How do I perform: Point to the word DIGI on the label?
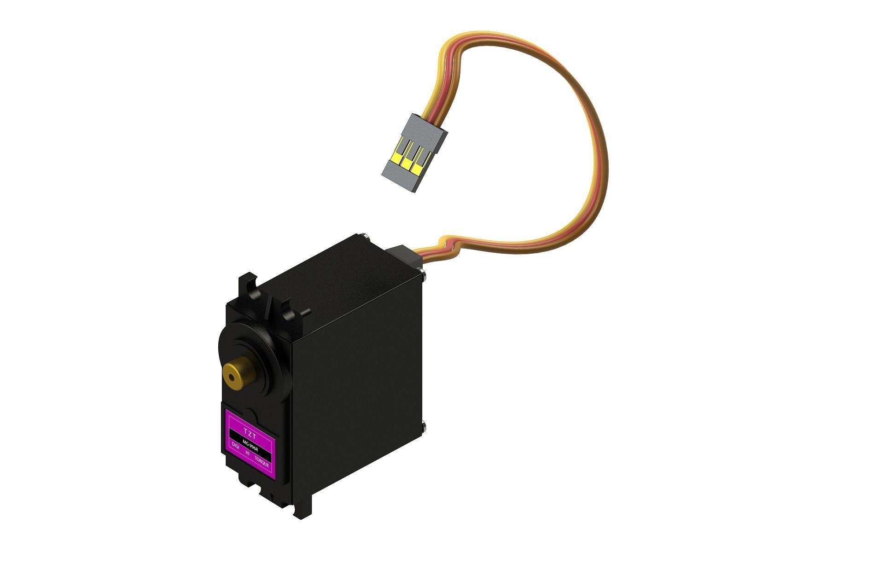(235, 446)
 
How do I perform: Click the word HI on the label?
(248, 453)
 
